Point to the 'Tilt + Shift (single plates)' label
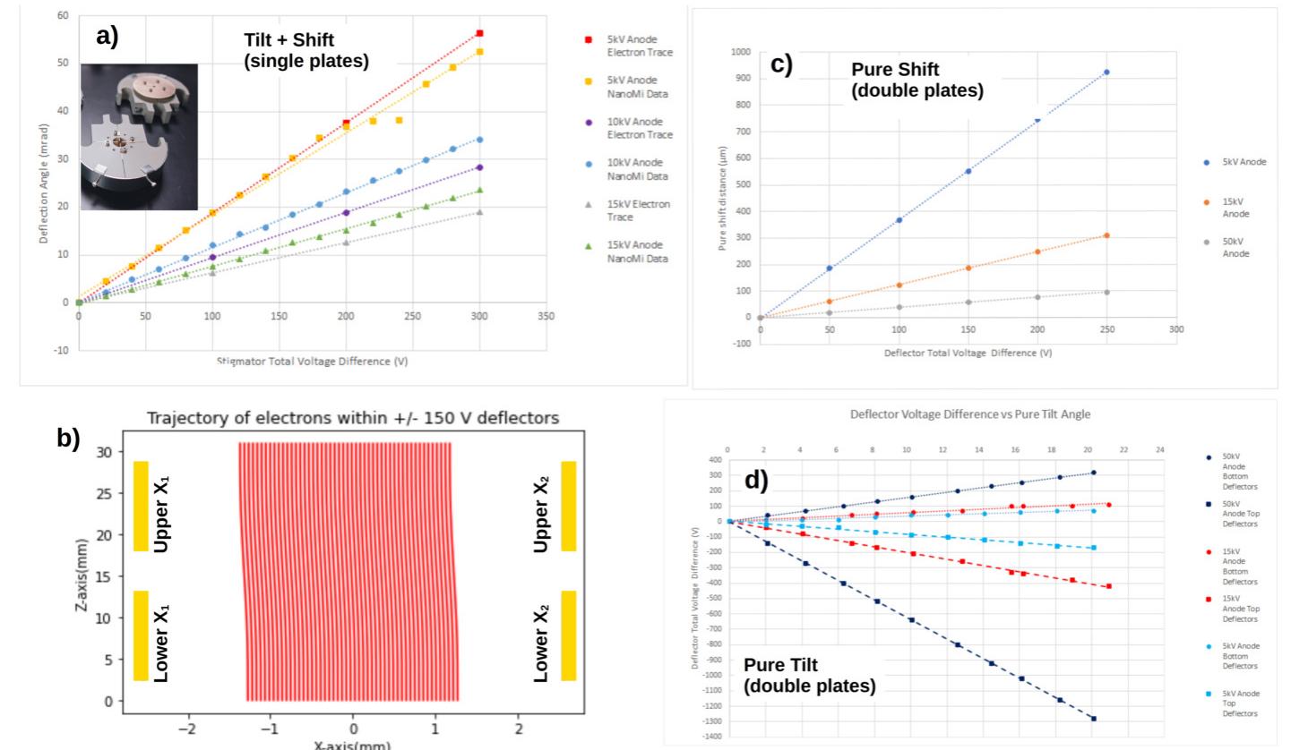pos(306,51)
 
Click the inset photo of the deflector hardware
pos(139,137)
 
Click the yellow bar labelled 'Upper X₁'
pos(141,506)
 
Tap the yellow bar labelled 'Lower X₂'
pos(568,635)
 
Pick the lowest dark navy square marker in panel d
pos(1093,718)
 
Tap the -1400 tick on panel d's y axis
pos(711,736)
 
